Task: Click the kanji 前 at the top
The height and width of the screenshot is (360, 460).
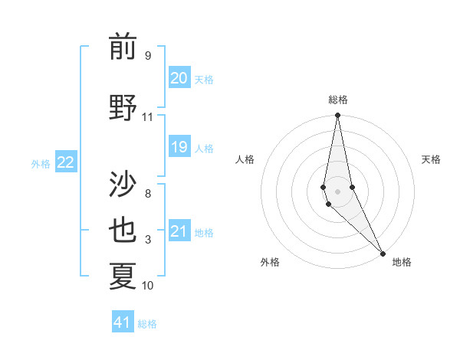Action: tap(123, 47)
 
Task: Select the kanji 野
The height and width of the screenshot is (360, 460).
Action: tap(123, 108)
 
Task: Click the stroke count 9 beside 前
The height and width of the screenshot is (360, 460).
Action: tap(147, 55)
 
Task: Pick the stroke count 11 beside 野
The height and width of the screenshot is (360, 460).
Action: tap(147, 116)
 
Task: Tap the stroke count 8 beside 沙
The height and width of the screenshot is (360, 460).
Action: tap(147, 194)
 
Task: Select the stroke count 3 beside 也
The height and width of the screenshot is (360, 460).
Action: tap(147, 240)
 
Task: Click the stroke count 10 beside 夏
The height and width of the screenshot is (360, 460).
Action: tap(147, 286)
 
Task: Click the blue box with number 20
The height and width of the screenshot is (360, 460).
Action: tap(179, 78)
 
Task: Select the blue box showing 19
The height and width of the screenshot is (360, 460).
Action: tap(179, 147)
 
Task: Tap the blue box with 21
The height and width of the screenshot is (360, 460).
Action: tap(179, 231)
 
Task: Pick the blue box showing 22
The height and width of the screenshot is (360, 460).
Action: tap(66, 162)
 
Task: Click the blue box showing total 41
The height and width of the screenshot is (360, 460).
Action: tap(123, 322)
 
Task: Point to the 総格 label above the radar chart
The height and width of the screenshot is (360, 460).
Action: tap(337, 100)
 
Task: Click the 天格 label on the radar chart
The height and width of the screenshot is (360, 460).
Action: tap(431, 159)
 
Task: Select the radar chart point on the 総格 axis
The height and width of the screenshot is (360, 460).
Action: tap(337, 116)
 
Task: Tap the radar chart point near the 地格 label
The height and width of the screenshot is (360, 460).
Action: tap(383, 253)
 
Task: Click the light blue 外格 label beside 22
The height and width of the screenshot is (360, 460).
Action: tap(41, 163)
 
